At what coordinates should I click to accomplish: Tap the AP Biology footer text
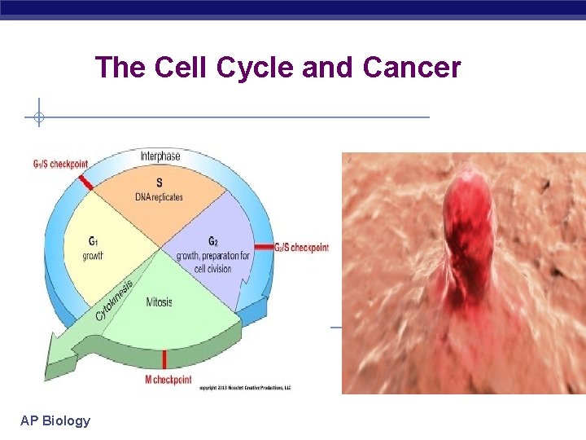[55, 420]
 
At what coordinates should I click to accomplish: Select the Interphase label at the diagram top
[160, 156]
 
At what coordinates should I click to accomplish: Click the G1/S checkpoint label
[59, 164]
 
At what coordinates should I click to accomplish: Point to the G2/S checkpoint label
[301, 247]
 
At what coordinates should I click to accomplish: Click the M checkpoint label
[168, 380]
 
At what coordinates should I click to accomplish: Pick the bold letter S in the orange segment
[159, 183]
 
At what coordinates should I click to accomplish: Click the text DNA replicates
[159, 196]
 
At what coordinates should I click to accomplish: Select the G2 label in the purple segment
[213, 241]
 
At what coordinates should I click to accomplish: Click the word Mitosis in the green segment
[160, 302]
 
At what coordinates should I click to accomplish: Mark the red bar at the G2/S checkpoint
[264, 246]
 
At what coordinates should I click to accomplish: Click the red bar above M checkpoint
[164, 359]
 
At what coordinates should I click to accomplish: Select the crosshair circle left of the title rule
[37, 117]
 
